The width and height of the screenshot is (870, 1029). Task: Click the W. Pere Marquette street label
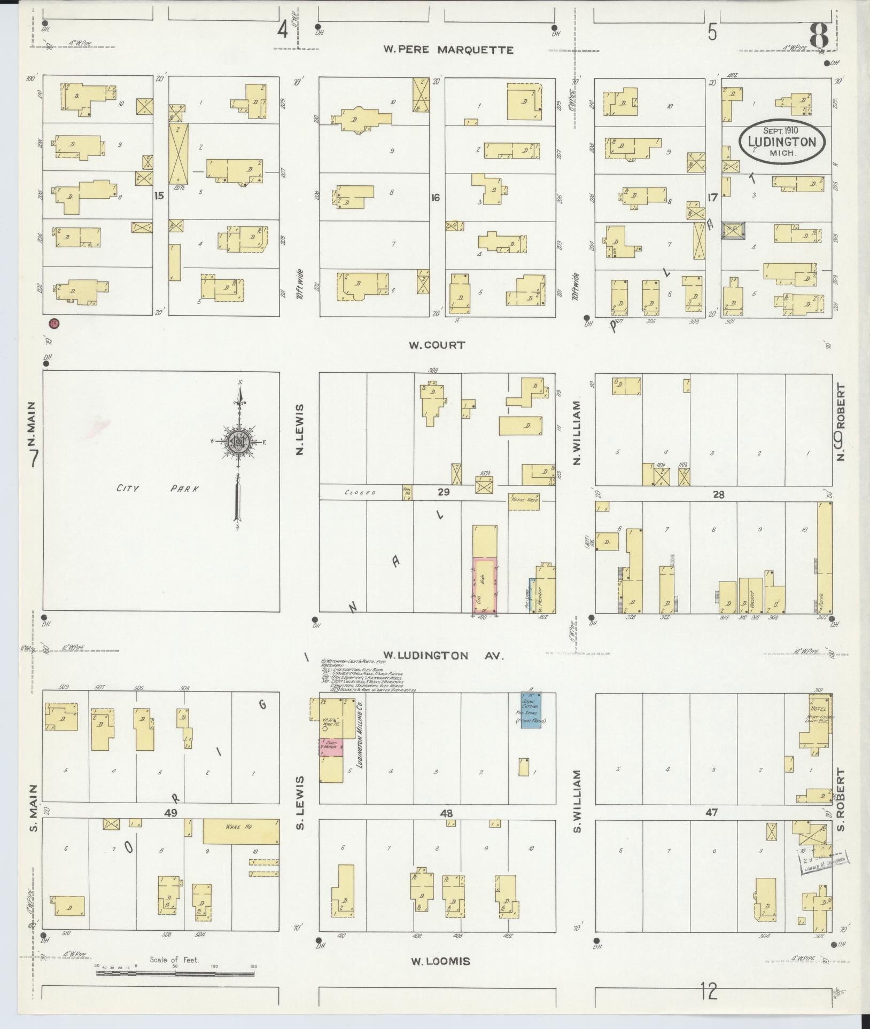pos(448,50)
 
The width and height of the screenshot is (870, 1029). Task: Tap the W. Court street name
pos(437,345)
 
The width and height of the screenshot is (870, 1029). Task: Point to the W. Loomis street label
pos(440,961)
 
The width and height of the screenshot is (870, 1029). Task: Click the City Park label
pos(158,488)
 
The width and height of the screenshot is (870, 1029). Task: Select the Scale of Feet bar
pos(175,973)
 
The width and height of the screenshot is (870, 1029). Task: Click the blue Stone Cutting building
pos(532,709)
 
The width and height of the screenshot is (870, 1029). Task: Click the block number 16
pos(436,198)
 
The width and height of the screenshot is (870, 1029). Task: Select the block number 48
pos(446,814)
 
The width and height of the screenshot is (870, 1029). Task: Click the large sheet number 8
pos(818,35)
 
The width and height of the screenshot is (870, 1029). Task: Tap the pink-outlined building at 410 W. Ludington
pos(485,584)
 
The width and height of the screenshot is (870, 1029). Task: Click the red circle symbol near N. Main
pos(53,323)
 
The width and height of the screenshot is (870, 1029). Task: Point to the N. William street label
pos(577,433)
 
